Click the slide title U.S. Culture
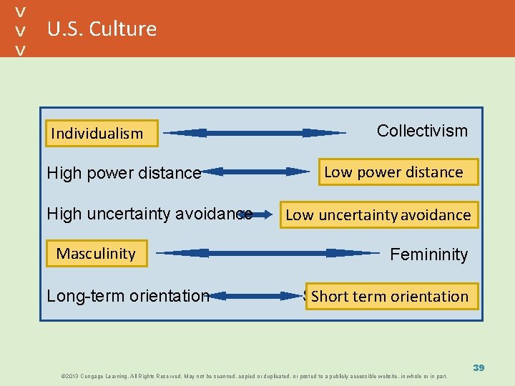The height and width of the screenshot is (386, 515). click(x=102, y=29)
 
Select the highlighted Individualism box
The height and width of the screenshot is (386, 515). click(x=97, y=133)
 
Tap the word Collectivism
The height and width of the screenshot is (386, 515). click(x=422, y=131)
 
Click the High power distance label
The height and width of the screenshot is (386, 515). click(x=124, y=173)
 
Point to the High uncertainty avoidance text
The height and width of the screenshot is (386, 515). click(x=149, y=214)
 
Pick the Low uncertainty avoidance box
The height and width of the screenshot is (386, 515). click(x=378, y=214)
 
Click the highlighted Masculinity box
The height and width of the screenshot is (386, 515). click(x=96, y=254)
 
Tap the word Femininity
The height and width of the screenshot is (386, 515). click(x=428, y=254)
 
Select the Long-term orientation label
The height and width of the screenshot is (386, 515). click(x=127, y=295)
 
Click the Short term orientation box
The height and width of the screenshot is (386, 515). click(x=390, y=296)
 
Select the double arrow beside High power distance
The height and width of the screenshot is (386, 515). click(x=255, y=172)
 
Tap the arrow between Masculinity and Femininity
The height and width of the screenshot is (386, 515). click(x=268, y=252)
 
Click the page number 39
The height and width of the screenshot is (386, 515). click(x=479, y=367)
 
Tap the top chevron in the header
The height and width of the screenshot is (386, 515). click(x=21, y=12)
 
